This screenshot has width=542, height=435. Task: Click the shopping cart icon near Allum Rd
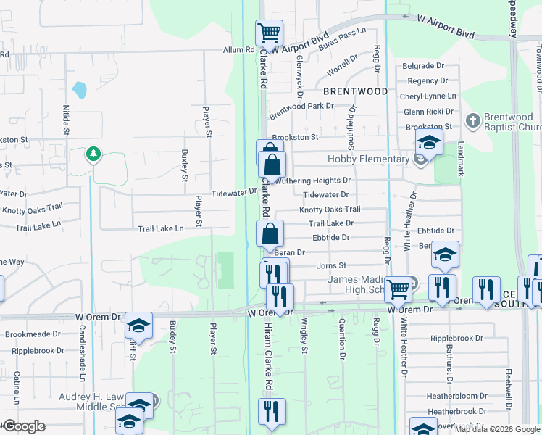[x=269, y=32]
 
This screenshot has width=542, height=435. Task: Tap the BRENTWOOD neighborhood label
[x=355, y=92]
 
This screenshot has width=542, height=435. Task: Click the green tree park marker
[x=92, y=154]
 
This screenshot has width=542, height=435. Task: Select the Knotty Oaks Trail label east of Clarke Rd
[x=330, y=210]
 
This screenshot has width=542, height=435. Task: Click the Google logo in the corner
[x=24, y=426]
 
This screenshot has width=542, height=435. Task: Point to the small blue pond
[x=80, y=90]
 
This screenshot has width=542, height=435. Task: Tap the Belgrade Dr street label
[x=424, y=66]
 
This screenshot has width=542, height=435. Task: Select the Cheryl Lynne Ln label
[x=430, y=96]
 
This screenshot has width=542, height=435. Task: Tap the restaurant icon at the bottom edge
[x=272, y=410]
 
